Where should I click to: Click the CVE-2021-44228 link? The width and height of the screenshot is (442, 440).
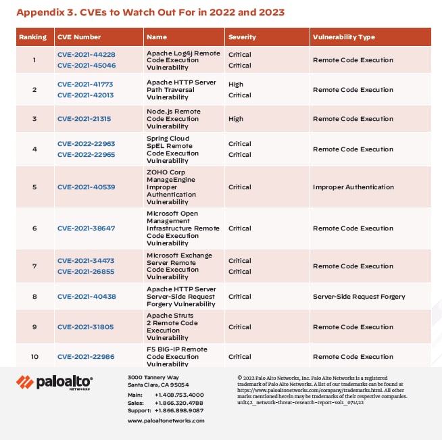pos(86,55)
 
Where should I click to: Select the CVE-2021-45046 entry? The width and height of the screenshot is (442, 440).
pos(86,66)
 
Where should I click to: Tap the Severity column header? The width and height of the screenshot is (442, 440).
pos(242,37)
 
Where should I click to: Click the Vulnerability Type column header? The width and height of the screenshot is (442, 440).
pos(343,37)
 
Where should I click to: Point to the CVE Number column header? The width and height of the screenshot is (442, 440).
pos(78,37)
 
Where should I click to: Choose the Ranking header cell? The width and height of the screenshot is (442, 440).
pos(32,37)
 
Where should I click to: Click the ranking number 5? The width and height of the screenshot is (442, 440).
pos(34,187)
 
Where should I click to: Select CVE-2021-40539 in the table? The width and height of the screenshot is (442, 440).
pos(86,187)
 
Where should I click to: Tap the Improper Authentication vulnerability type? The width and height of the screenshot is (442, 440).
pos(353,187)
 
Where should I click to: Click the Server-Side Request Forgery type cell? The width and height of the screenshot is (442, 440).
pos(359,297)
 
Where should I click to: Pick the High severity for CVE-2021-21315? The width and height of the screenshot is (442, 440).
pos(236,119)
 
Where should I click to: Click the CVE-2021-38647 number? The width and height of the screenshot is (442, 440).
pos(86,228)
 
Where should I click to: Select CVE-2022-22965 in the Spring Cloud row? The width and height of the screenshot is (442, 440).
pos(86,155)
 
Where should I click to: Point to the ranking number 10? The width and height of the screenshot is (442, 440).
pos(34,357)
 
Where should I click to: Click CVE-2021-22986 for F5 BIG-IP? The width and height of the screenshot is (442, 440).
pos(86,357)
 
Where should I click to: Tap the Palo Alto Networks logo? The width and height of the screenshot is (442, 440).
pos(55,383)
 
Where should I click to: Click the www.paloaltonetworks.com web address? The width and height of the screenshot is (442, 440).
pos(166,420)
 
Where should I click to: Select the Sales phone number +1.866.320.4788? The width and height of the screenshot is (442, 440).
pos(178,403)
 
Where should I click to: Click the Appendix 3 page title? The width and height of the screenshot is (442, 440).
pos(150,12)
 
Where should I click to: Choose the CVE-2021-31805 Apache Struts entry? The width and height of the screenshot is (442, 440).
pos(86,327)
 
